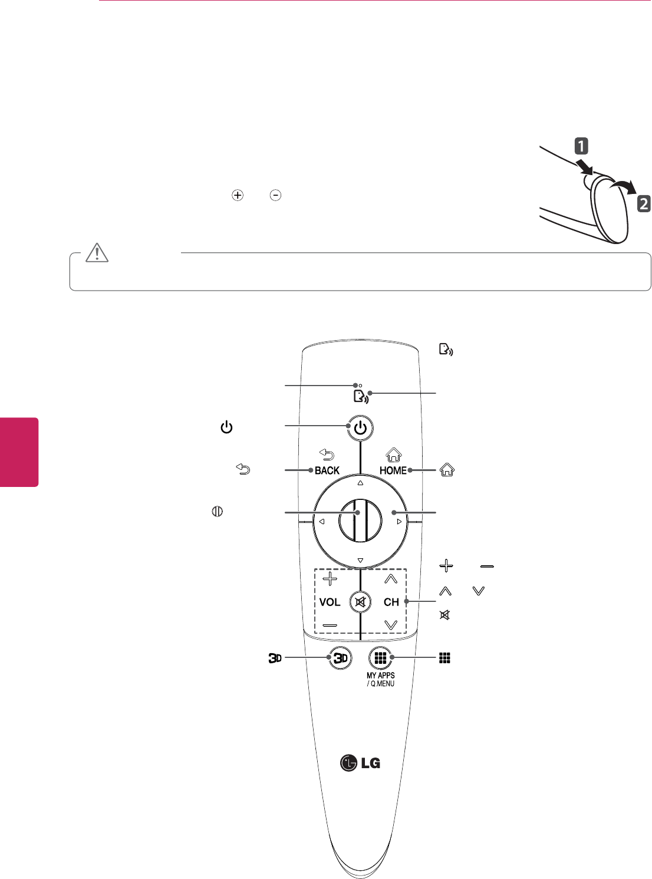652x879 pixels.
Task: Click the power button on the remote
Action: (360, 429)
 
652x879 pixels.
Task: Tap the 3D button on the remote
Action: (341, 658)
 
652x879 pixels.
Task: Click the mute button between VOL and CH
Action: (360, 602)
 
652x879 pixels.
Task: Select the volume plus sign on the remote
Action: (330, 579)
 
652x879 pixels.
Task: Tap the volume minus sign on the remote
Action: (330, 624)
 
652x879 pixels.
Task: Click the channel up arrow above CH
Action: (391, 579)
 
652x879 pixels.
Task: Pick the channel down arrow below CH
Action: (391, 624)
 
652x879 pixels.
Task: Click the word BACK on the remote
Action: (327, 470)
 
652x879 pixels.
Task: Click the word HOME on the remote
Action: (393, 470)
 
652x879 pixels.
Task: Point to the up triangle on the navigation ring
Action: (360, 483)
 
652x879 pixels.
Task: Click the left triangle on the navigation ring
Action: (322, 522)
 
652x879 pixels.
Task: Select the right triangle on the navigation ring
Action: (399, 522)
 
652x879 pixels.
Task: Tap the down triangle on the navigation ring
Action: (360, 561)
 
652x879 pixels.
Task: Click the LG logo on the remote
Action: (360, 763)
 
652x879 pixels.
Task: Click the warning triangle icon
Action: (97, 252)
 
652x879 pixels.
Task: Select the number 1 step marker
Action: (581, 146)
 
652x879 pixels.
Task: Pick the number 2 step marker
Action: (644, 204)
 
